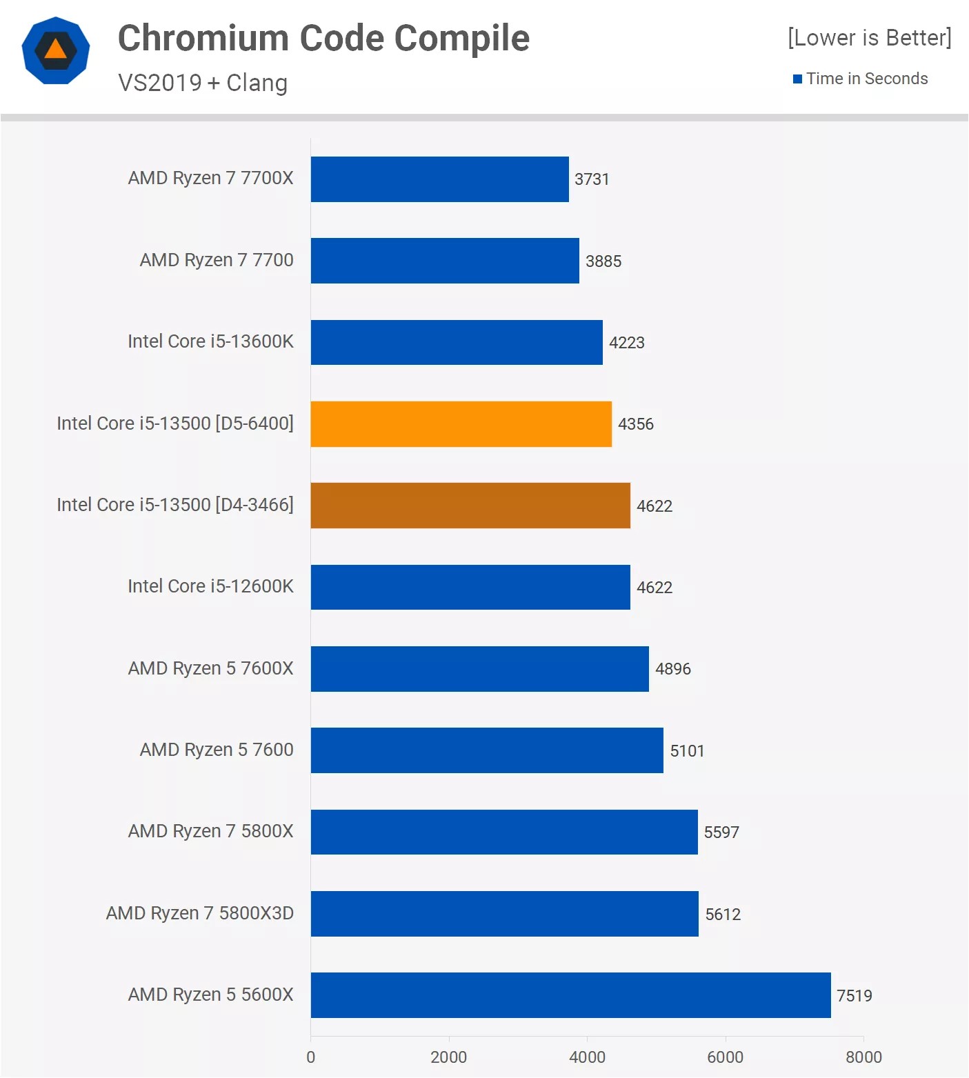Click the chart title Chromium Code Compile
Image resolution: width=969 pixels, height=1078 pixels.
click(x=323, y=38)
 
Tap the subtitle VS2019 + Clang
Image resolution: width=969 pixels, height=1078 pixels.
click(x=203, y=83)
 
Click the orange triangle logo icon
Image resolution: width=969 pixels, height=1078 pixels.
click(x=56, y=50)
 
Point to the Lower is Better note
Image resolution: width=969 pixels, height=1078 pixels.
click(x=869, y=37)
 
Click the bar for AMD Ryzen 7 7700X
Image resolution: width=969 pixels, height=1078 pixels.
click(x=439, y=179)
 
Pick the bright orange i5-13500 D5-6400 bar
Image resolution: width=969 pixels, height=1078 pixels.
click(x=461, y=424)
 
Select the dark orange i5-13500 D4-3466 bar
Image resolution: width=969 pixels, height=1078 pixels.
click(x=470, y=506)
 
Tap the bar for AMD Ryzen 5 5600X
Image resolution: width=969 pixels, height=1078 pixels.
click(x=570, y=995)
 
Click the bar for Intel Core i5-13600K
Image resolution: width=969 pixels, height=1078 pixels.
click(x=457, y=342)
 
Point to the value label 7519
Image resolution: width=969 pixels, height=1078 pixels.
click(x=854, y=996)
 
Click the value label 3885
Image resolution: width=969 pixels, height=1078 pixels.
click(x=603, y=261)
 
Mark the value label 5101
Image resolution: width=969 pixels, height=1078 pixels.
click(x=687, y=751)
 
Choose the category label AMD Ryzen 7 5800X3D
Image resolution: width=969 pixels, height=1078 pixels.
click(x=200, y=913)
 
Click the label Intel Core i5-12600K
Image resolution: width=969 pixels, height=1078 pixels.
click(x=210, y=586)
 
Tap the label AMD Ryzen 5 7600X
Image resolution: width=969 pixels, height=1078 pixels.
click(x=210, y=668)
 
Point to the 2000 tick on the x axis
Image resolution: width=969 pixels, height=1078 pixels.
click(x=448, y=1057)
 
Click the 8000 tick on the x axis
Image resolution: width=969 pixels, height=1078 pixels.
click(x=863, y=1057)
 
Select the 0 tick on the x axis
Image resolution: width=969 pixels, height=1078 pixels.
click(x=310, y=1057)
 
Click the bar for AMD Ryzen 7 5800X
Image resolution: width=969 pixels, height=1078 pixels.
click(x=504, y=832)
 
